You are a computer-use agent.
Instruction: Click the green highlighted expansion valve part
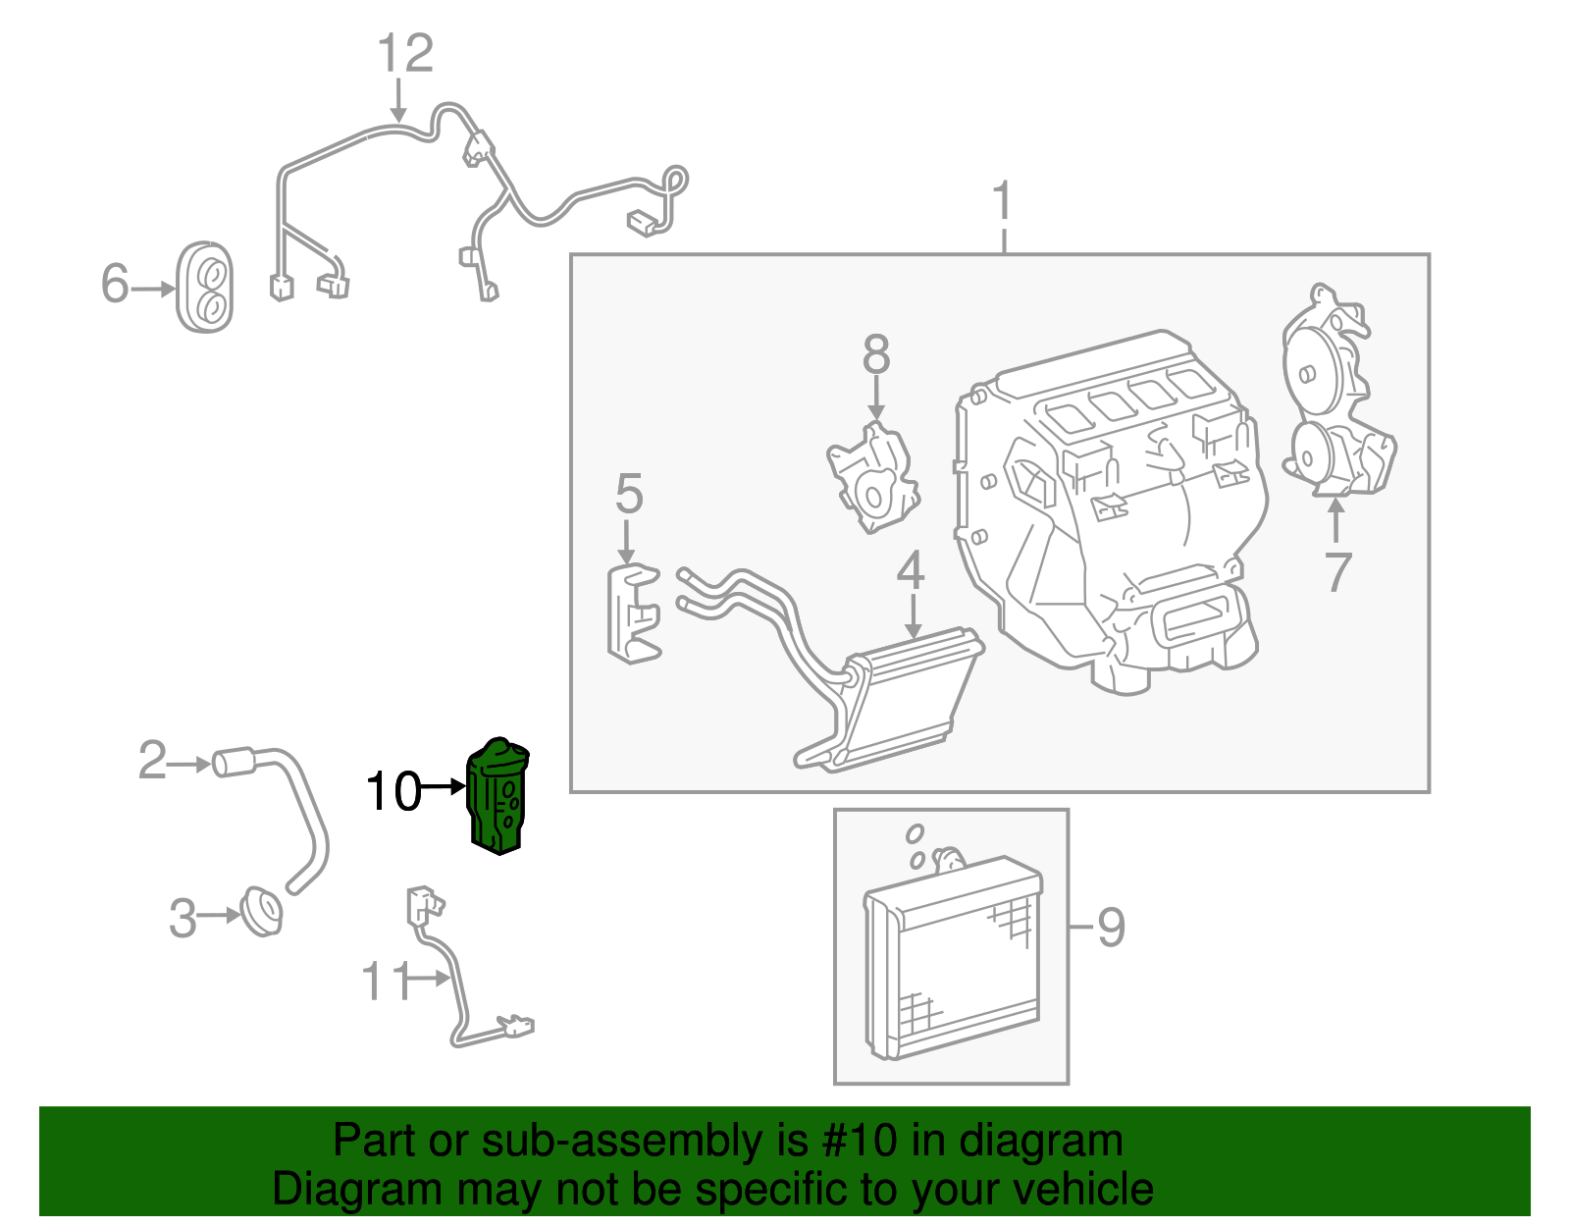[497, 797]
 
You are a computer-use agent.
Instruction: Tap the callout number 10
[392, 791]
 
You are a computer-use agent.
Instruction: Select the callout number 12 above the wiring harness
[405, 54]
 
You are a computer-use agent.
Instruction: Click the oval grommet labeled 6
[205, 287]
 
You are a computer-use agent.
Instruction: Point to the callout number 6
[115, 284]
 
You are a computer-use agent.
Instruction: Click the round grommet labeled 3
[262, 911]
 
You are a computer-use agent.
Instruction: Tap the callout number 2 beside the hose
[152, 761]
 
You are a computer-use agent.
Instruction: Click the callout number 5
[629, 494]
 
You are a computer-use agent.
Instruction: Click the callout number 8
[876, 355]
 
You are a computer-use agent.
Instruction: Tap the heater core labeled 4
[903, 697]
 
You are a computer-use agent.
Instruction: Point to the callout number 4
[911, 571]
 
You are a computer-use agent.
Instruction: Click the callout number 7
[1338, 572]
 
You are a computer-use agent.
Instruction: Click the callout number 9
[1111, 927]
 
